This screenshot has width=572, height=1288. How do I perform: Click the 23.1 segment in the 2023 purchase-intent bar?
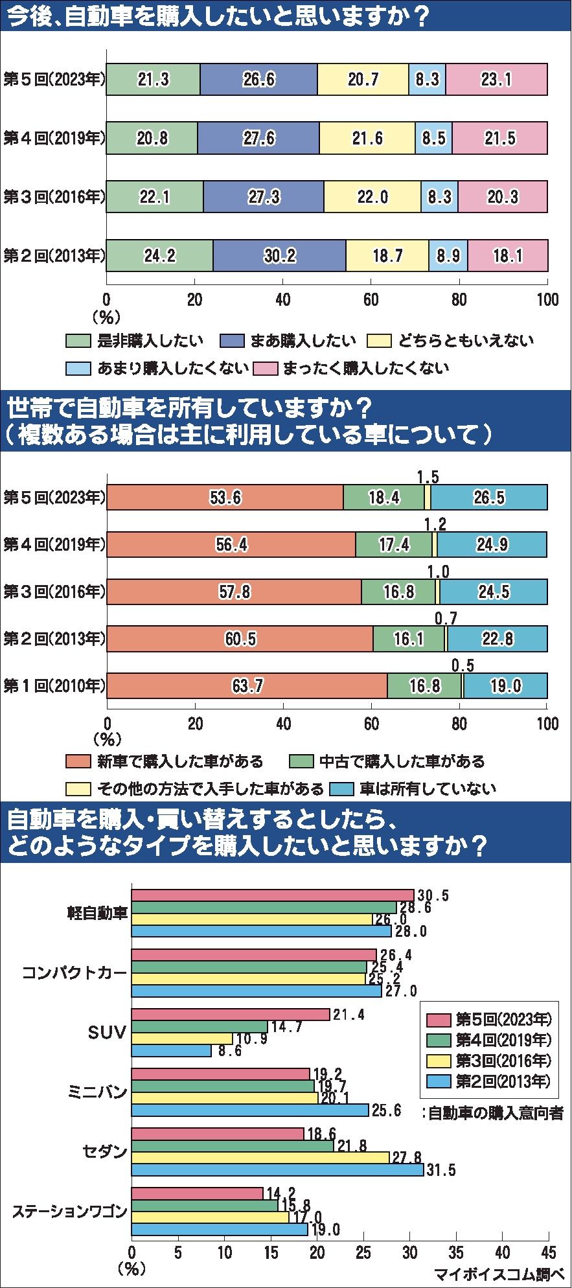coord(496,79)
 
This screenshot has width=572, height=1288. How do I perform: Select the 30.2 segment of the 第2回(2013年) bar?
coord(279,255)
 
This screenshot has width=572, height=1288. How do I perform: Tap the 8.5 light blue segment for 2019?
coord(433,138)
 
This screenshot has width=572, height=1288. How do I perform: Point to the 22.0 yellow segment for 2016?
coord(372,197)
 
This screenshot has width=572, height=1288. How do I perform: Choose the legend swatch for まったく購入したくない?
coord(266,368)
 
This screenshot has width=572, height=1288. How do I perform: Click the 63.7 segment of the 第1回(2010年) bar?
coord(247,685)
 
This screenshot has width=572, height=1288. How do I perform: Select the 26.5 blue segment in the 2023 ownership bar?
coord(489,497)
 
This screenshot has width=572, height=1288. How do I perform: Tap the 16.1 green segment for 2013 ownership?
coord(409,639)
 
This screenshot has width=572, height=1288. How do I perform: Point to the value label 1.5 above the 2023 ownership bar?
coord(428,477)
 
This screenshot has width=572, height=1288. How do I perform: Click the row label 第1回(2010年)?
coord(54,685)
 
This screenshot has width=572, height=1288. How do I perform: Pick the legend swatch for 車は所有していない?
coord(342,788)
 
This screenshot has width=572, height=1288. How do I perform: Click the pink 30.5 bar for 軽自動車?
coord(272,895)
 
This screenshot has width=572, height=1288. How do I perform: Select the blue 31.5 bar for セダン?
coord(277,1169)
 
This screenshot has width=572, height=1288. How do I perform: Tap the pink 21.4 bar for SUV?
coord(231,1015)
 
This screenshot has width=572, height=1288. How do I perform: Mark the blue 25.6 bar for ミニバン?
coord(250,1110)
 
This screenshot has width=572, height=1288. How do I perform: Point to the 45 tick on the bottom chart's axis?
coord(547,1250)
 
